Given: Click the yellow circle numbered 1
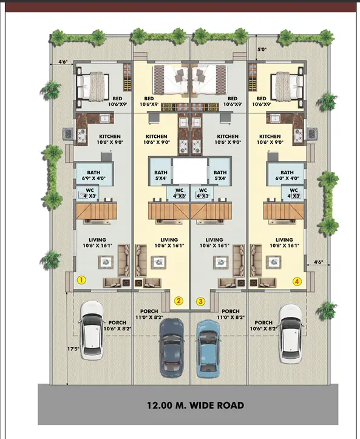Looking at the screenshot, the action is pos(81,280).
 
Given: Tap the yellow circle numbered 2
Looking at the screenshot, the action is pos(178,301).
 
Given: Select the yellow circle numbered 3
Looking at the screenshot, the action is pos(200,302).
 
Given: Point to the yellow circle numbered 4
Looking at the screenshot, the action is pos(297,281).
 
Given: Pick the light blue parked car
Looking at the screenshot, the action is pos(208,349).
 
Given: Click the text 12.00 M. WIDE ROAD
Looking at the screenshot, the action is pos(195,405).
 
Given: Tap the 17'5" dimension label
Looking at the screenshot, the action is pos(73,349).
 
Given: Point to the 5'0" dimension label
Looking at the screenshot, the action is pos(262,50).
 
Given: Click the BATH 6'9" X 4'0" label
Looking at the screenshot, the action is pos(93,175).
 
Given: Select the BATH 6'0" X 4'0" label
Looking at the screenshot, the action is pos(287,175).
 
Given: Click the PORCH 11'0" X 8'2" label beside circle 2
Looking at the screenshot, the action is pos(149,314).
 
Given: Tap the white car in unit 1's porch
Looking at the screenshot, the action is pos(92,330).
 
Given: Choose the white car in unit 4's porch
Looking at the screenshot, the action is pos(291,334).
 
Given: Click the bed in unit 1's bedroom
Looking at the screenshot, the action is pos(93,86).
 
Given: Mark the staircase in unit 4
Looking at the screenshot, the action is pos(284,211).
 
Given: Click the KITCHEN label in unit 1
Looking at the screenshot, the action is pos(110,137).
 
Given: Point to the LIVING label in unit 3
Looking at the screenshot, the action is pos(214,240).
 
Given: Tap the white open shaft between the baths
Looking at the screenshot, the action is pos(190,171).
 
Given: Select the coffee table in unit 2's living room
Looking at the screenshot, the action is pos(158,262).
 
